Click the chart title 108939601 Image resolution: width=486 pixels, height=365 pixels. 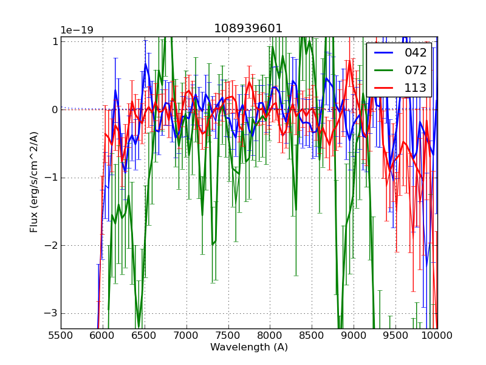[x=248, y=29]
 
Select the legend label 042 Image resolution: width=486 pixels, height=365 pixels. [x=416, y=53]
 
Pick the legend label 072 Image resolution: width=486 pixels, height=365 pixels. [x=416, y=70]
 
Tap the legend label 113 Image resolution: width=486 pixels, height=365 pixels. [x=416, y=88]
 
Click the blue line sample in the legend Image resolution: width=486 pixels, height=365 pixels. [x=385, y=53]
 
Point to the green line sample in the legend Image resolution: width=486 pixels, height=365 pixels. [x=385, y=70]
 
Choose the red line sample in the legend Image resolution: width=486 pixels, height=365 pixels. [x=385, y=88]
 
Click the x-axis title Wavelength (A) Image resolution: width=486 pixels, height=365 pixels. [x=249, y=347]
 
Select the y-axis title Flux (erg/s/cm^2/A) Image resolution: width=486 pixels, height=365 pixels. [x=35, y=182]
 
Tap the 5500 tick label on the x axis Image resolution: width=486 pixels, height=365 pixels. [x=61, y=335]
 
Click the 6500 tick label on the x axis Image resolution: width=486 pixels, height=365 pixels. [x=145, y=335]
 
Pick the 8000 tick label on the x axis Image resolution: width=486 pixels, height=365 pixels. [x=270, y=335]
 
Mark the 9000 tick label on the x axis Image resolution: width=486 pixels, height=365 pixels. [x=354, y=335]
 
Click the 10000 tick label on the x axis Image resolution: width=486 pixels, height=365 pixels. [x=436, y=335]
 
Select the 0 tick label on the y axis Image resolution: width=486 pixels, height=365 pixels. [x=54, y=109]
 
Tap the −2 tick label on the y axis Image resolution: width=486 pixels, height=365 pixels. [x=52, y=246]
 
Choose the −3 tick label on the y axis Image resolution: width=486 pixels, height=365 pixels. [x=52, y=313]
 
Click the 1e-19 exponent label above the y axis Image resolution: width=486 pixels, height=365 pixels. [x=76, y=30]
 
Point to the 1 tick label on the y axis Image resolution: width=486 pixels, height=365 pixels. [x=54, y=41]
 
